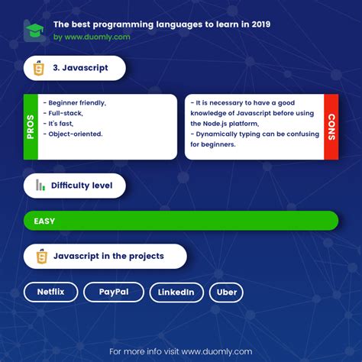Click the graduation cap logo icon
pyautogui.click(x=34, y=31)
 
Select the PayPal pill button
pyautogui.click(x=113, y=293)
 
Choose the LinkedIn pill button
pyautogui.click(x=176, y=293)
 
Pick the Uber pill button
pyautogui.click(x=227, y=293)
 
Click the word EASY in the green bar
pyautogui.click(x=44, y=221)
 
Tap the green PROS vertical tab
pyautogui.click(x=31, y=127)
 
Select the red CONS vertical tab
pyautogui.click(x=331, y=127)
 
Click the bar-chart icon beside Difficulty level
pyautogui.click(x=40, y=186)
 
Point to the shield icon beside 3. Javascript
pyautogui.click(x=39, y=68)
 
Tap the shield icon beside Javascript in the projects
pyautogui.click(x=39, y=257)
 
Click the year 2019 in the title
pyautogui.click(x=258, y=24)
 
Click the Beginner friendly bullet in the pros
pyautogui.click(x=75, y=102)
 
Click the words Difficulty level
pyautogui.click(x=82, y=186)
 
